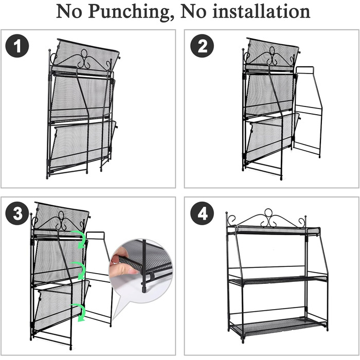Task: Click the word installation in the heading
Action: tap(261, 11)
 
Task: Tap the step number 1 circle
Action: tap(17, 46)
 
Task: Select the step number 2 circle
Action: tap(202, 46)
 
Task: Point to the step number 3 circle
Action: tap(17, 213)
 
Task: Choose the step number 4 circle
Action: tap(202, 213)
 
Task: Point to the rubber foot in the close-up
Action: tap(144, 288)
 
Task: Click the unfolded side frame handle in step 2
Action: tap(305, 70)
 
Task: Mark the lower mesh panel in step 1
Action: tap(81, 144)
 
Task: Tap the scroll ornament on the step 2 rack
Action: tap(272, 58)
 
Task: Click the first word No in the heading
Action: tap(69, 11)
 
